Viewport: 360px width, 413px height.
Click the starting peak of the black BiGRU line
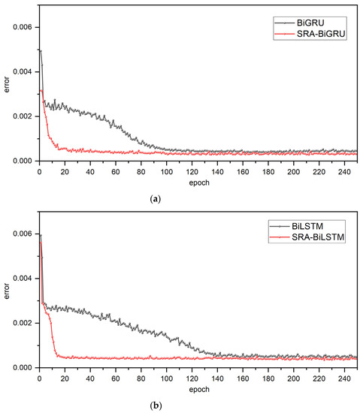tap(40, 50)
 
